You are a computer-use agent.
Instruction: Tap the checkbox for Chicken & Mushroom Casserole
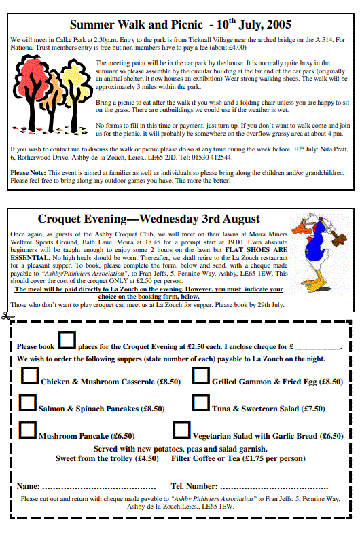29,375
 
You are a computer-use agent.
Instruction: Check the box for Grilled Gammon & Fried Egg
200,375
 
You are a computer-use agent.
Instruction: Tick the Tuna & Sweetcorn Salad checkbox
200,403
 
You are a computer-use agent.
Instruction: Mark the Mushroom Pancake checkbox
28,430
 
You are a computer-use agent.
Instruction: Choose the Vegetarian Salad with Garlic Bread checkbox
181,430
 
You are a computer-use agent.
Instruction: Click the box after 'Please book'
67,341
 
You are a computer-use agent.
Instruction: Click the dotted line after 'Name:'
99,487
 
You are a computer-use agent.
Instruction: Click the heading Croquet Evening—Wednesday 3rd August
148,219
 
